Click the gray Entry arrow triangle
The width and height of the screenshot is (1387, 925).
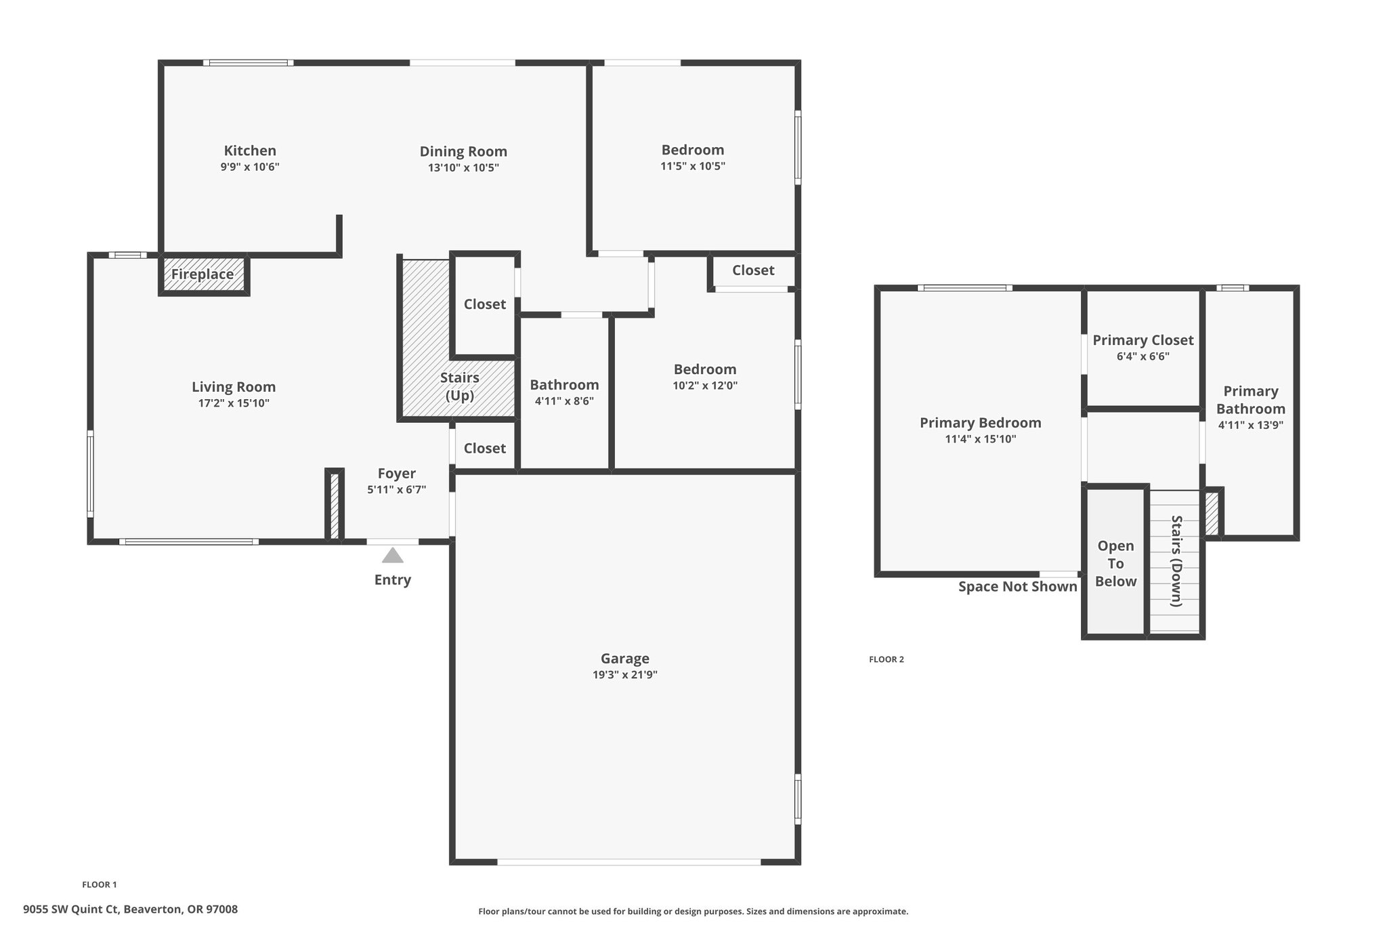click(393, 556)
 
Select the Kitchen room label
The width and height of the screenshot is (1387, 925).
click(250, 150)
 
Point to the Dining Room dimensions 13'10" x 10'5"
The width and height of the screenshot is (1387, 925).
click(463, 167)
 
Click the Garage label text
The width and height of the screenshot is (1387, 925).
click(625, 659)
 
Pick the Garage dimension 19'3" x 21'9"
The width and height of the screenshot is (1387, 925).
click(625, 675)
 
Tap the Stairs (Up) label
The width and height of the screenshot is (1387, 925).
click(460, 386)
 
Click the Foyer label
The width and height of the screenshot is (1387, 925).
click(397, 474)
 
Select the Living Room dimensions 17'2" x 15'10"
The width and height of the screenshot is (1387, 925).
click(234, 403)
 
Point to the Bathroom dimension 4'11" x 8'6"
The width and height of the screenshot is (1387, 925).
click(564, 400)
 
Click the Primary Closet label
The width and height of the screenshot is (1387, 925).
click(1143, 340)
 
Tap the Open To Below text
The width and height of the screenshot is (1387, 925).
click(1115, 563)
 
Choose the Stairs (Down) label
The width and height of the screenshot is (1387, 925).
click(1176, 561)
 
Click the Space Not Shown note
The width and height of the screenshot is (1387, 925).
click(1017, 587)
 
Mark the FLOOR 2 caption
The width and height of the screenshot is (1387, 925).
click(887, 659)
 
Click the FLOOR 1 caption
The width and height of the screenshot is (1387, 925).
click(100, 884)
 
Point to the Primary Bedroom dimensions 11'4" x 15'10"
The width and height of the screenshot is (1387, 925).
click(981, 439)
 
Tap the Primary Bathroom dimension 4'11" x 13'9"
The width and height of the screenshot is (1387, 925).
click(1251, 426)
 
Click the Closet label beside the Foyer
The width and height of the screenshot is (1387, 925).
click(485, 448)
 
